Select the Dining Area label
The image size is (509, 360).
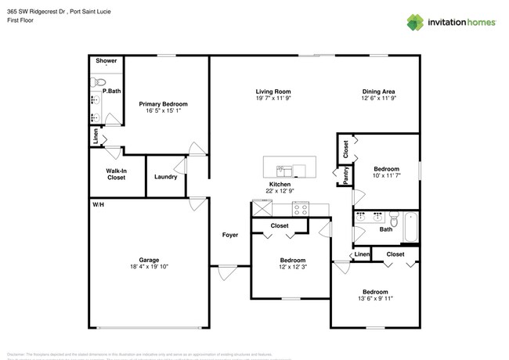point(377,91)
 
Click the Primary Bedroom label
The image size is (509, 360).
point(163,104)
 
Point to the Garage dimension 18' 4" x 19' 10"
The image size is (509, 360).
point(148,267)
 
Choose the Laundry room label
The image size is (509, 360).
point(165,177)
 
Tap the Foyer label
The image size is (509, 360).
point(229,235)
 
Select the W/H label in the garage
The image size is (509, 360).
point(99,204)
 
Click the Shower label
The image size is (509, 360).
point(106,60)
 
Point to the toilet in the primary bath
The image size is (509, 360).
point(99,81)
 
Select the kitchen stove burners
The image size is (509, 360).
point(301,208)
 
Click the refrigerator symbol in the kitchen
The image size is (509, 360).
point(261,208)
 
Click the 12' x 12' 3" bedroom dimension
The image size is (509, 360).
point(292,267)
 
